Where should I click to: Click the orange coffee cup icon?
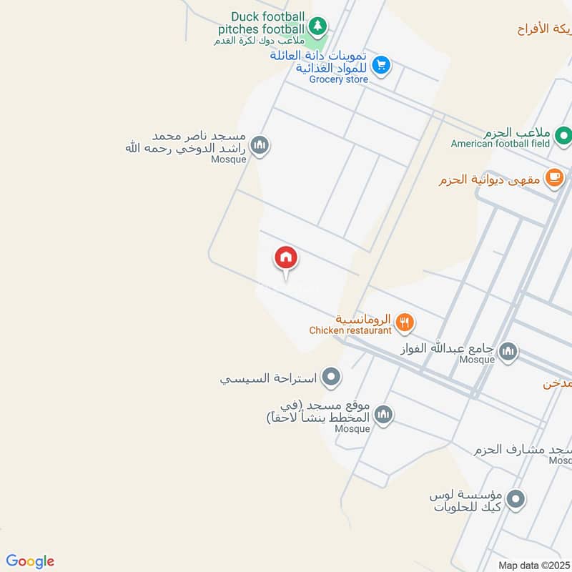553,178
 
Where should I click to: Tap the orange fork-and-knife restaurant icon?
405,322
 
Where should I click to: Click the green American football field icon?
564,134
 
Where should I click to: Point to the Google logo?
30,561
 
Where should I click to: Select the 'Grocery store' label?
338,79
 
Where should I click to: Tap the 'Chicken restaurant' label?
350,330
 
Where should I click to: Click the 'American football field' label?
500,144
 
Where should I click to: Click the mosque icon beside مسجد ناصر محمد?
260,145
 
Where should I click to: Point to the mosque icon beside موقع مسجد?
384,415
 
